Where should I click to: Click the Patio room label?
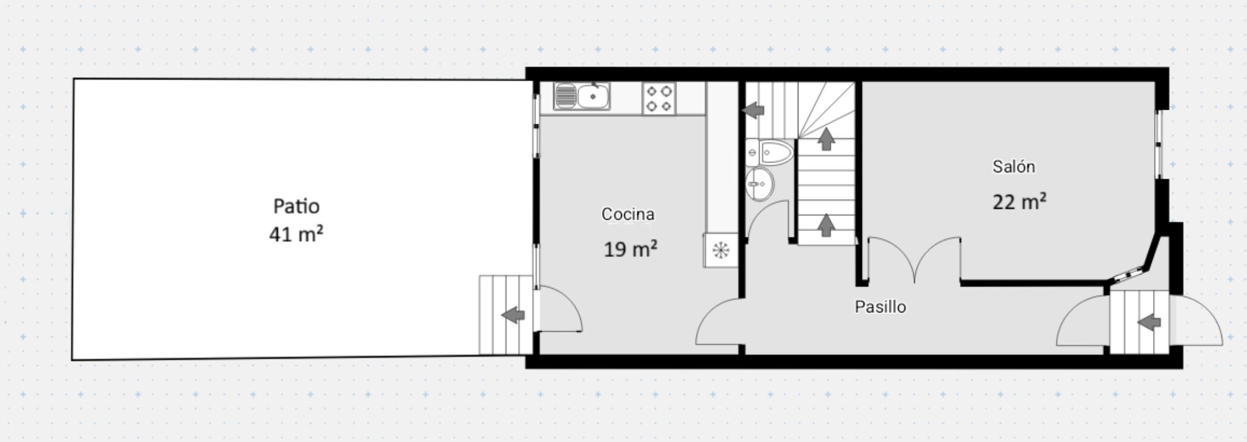[x=296, y=207]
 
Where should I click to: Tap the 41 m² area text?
[x=296, y=234]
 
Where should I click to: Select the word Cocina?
[x=628, y=214]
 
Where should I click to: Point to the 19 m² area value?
[x=630, y=249]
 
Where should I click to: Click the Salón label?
[x=1014, y=166]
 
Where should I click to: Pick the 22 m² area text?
[x=1019, y=202]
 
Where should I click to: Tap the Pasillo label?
[x=880, y=307]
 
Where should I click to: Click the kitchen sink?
[x=582, y=96]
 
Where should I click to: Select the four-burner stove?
[x=659, y=99]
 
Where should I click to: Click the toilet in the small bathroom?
[x=770, y=152]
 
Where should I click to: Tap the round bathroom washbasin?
[x=760, y=184]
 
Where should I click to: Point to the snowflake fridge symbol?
[x=721, y=251]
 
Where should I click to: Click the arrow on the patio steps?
[x=513, y=315]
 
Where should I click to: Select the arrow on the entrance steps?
[x=1149, y=322]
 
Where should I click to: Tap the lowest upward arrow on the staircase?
[x=826, y=225]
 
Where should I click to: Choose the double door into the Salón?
[x=915, y=259]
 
